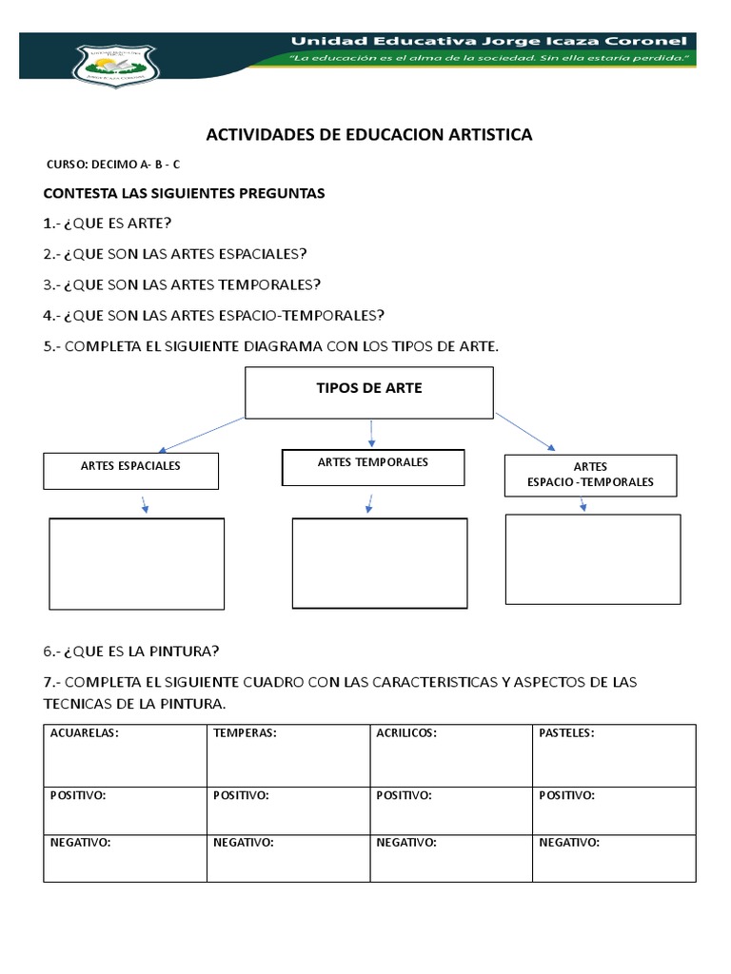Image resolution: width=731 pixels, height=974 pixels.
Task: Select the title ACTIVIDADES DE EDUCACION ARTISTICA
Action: [x=369, y=135]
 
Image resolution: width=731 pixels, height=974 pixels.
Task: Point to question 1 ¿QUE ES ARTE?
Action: [x=108, y=223]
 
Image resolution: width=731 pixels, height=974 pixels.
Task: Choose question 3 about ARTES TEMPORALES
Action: [x=182, y=283]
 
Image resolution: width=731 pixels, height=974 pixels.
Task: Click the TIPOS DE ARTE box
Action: [x=369, y=393]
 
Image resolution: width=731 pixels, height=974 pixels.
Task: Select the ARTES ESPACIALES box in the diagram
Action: [x=131, y=470]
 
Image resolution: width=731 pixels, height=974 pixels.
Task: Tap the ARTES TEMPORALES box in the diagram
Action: [x=372, y=466]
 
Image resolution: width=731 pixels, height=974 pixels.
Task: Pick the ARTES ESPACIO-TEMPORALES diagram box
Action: [x=590, y=475]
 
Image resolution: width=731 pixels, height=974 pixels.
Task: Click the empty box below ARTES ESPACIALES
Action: [x=136, y=562]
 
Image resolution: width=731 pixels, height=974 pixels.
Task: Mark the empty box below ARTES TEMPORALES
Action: [x=379, y=562]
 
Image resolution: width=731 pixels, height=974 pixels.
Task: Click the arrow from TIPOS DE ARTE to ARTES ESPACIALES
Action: [x=202, y=434]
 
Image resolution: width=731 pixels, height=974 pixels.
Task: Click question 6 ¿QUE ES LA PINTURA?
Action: [x=131, y=651]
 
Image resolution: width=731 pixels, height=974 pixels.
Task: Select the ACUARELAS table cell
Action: [x=125, y=755]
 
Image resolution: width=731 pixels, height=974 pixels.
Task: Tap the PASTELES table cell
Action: [x=614, y=755]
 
